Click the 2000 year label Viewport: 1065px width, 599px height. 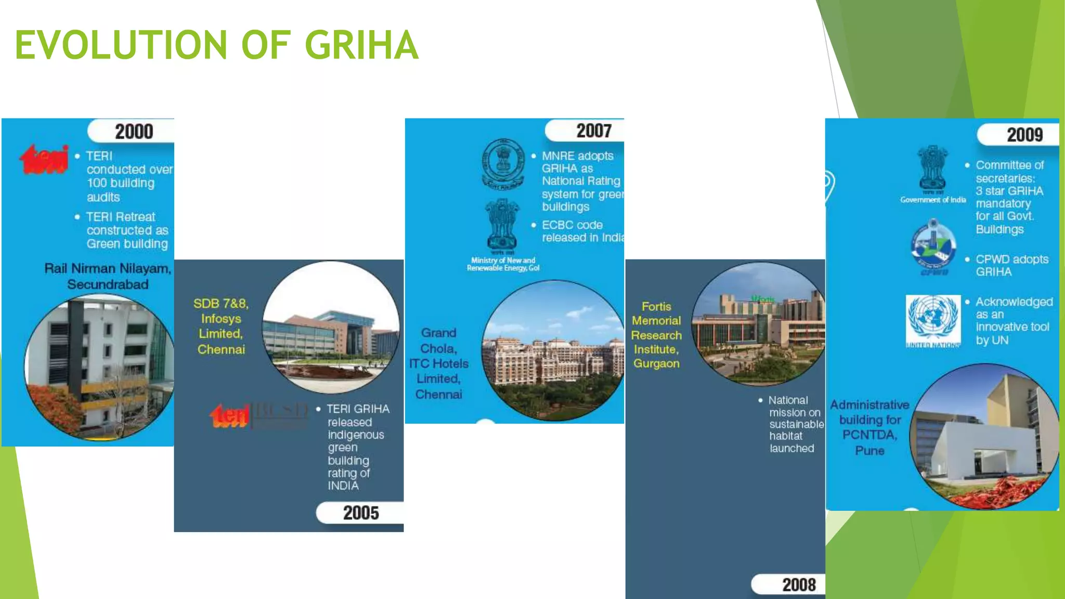[x=134, y=132]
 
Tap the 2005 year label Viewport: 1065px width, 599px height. [x=361, y=513]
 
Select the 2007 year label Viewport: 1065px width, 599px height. [x=593, y=131]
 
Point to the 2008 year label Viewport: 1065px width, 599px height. [x=799, y=584]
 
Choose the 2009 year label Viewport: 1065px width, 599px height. [x=1024, y=135]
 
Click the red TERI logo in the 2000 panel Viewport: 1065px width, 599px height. [x=44, y=159]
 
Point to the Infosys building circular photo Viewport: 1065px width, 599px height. [x=331, y=327]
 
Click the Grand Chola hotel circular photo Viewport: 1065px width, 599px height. [x=553, y=351]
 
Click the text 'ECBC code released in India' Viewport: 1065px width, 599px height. [x=582, y=231]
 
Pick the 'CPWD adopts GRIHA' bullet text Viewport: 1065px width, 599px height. [x=1011, y=265]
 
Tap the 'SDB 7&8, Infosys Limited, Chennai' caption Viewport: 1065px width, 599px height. [x=221, y=326]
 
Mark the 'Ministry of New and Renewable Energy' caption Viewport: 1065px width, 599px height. [x=503, y=264]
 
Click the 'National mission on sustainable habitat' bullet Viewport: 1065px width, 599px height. [x=795, y=424]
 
